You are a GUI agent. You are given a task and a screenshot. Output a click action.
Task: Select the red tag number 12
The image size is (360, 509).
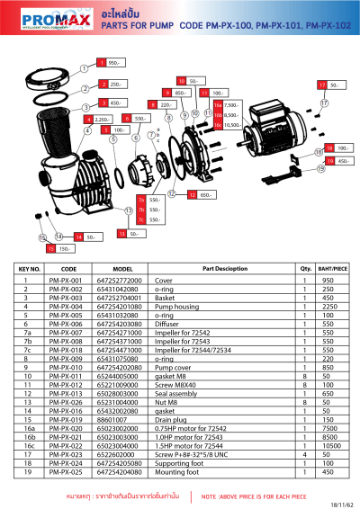pos(191,194)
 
